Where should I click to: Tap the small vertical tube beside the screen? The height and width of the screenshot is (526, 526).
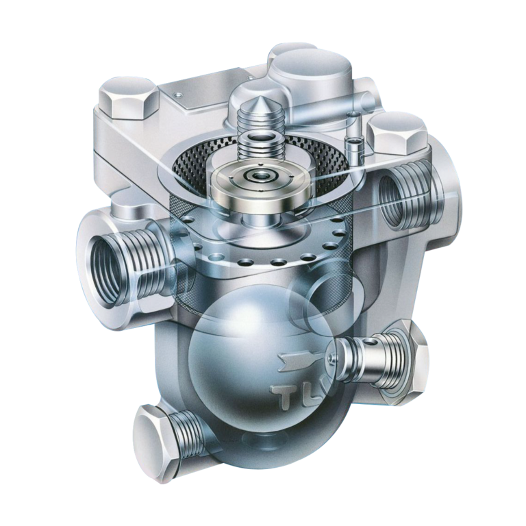click(353, 147)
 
